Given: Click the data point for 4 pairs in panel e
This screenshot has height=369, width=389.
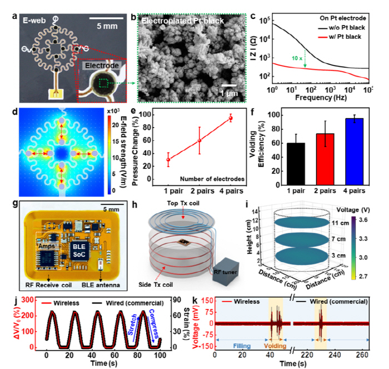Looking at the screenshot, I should tap(231, 118).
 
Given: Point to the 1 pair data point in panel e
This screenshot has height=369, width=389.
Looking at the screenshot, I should tap(169, 159).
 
